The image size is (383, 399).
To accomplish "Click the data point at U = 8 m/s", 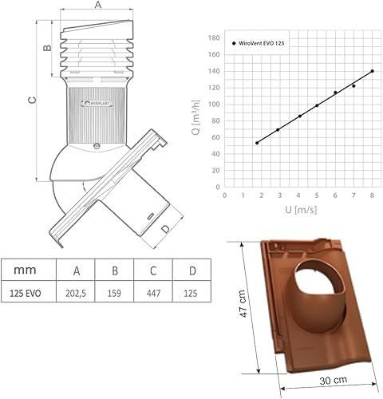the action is coord(372,71).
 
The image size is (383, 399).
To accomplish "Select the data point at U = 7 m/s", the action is coord(353,86).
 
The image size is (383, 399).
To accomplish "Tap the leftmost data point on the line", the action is coord(257,143).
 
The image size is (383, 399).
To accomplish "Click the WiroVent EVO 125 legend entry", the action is coord(259,43).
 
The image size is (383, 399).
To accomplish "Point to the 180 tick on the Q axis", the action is coord(214,38).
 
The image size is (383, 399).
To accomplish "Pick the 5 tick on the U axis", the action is coord(317,196).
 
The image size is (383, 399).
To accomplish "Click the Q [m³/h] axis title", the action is coord(196,117).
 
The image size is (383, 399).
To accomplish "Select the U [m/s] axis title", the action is coord(301,210).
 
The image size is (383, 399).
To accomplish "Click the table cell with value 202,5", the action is coord(76,293).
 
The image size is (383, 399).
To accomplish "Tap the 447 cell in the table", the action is coord(153,293).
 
